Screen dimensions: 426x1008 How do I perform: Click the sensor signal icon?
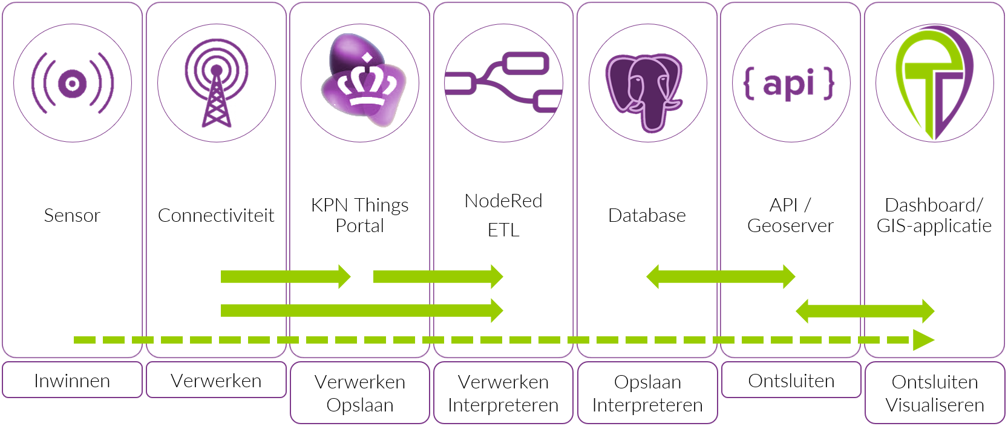click(73, 83)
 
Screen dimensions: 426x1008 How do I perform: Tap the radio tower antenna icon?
click(216, 83)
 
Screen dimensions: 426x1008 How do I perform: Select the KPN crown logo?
click(362, 82)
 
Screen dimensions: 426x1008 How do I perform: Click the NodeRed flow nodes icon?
click(503, 83)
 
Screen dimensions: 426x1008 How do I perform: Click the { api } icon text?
click(790, 83)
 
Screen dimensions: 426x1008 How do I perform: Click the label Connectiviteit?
click(216, 216)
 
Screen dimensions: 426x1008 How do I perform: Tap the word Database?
click(647, 216)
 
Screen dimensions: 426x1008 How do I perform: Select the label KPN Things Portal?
click(359, 215)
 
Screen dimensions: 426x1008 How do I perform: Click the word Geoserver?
click(790, 226)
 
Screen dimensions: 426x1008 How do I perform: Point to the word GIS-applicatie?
click(934, 226)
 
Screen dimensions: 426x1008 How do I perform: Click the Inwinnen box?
click(72, 381)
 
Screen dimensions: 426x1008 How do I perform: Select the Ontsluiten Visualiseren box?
click(935, 393)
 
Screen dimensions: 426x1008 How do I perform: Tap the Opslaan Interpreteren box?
click(647, 393)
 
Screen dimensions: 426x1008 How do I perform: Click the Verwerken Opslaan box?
click(359, 393)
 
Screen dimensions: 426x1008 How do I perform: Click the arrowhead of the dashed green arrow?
click(923, 340)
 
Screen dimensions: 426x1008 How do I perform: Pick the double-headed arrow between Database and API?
click(720, 277)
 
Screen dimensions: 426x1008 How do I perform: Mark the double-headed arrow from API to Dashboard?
click(865, 311)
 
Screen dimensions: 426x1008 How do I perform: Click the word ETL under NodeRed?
click(503, 230)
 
